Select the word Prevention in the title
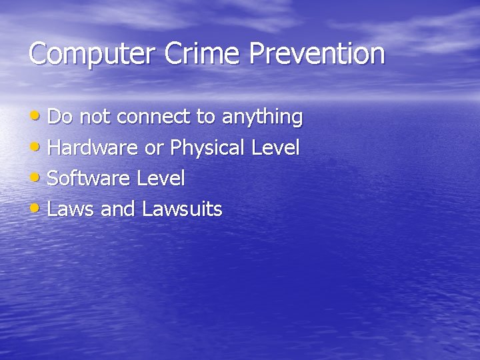pos(317,53)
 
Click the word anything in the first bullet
pos(262,118)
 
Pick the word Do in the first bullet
pos(59,117)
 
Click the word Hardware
pos(93,147)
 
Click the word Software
pos(89,178)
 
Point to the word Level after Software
pos(161,178)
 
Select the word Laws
pos(71,209)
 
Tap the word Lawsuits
pos(182,209)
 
